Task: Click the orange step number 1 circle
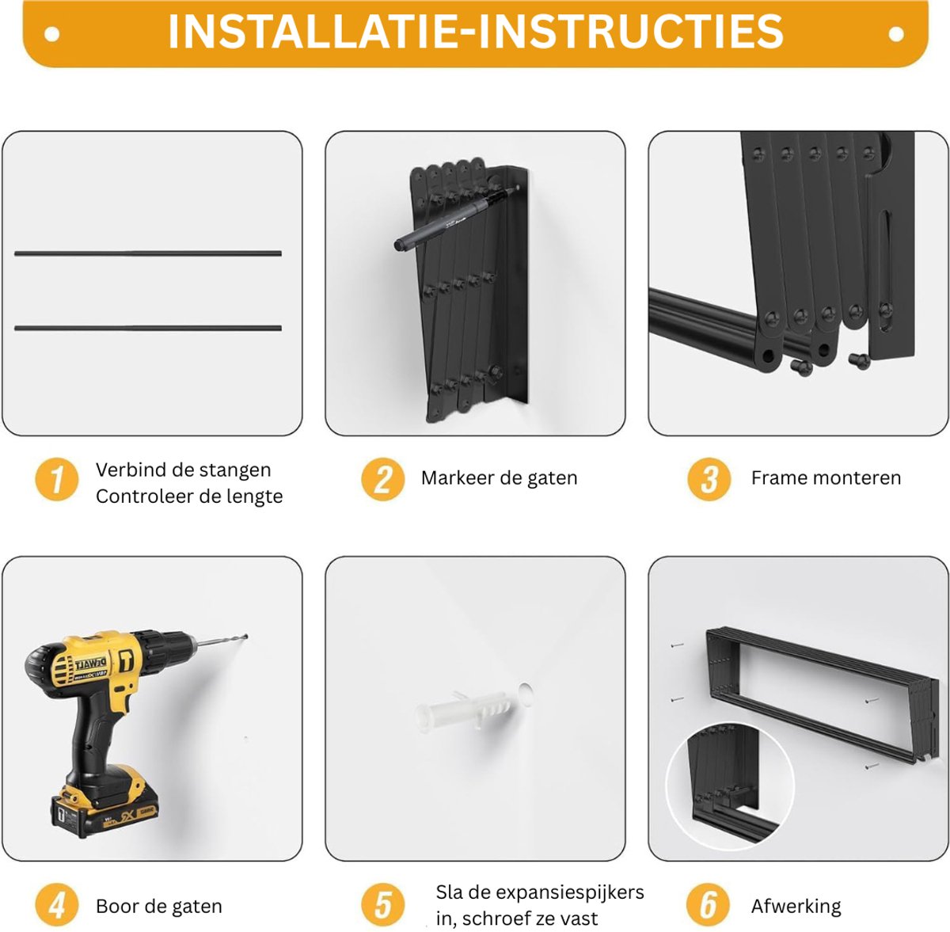coord(57,479)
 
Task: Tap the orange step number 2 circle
coord(382,479)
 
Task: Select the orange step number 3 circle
coord(709,479)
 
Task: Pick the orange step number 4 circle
coord(57,905)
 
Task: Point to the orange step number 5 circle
coord(382,905)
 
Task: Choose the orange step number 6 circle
coord(708,905)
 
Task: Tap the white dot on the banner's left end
coord(51,35)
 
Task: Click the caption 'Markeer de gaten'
coord(499,478)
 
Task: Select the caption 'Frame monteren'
coord(826,477)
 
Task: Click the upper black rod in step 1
coord(148,253)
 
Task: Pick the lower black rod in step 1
coord(148,328)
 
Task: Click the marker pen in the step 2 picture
coord(456,216)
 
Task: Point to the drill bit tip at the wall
coord(246,636)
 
